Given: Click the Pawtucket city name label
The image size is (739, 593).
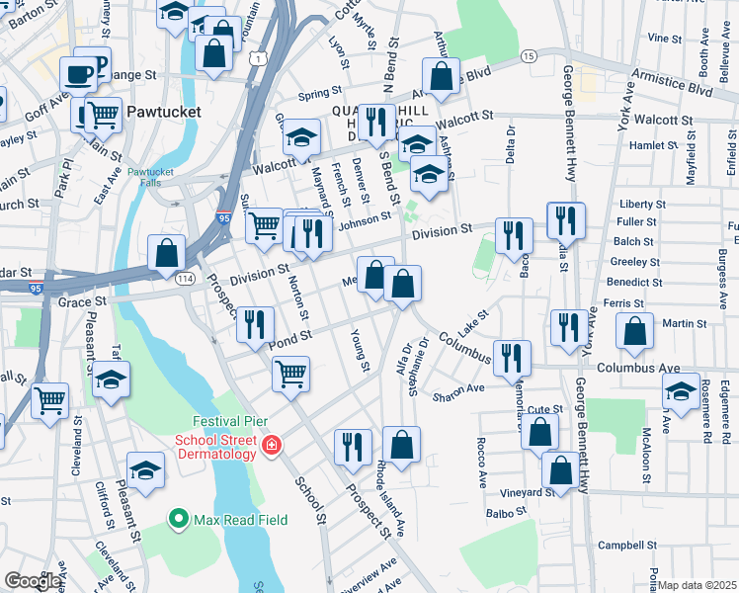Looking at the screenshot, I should click(x=162, y=112).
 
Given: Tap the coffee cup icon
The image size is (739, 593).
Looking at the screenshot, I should click(x=78, y=72).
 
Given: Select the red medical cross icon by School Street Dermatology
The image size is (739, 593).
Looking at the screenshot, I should click(x=271, y=448).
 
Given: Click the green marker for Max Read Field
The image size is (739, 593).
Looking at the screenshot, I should click(x=179, y=518).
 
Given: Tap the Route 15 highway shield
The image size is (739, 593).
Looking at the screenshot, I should click(x=530, y=56).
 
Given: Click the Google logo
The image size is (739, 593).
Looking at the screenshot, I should click(x=33, y=581).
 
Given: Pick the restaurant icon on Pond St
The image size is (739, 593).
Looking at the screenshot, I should click(x=256, y=322).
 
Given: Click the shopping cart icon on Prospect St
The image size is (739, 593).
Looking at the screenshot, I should click(x=290, y=374).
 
